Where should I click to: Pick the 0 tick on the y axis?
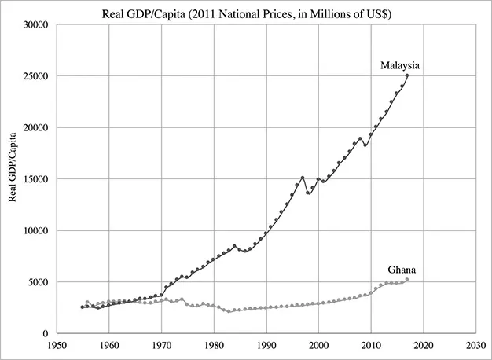[x=45, y=333]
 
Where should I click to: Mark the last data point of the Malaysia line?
[x=407, y=75]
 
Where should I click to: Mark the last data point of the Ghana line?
[x=407, y=279]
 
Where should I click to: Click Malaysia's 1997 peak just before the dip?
[x=303, y=178]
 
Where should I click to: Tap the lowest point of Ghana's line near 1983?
[x=229, y=312]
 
